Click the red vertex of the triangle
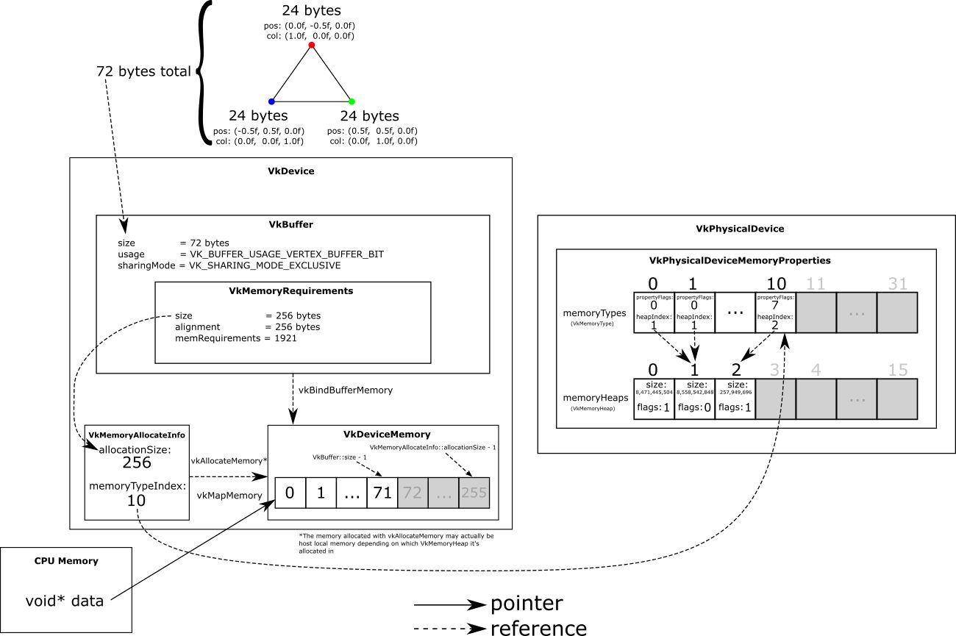pos(311,46)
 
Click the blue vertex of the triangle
pos(271,101)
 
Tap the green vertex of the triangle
pos(352,101)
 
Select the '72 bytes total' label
pos(143,71)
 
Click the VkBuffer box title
pos(292,224)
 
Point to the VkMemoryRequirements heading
pos(292,290)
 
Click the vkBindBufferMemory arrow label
pos(345,390)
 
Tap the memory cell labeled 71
pos(382,493)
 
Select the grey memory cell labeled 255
pos(474,493)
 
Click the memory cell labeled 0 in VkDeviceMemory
pos(290,493)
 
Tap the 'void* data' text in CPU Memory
pos(64,601)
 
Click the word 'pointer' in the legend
pos(526,604)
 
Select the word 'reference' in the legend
pos(538,628)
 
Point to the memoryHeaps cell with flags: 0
pos(694,399)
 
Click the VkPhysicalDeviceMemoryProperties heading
pos(746,260)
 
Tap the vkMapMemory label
pos(229,496)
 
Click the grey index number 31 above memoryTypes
pos(898,284)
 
